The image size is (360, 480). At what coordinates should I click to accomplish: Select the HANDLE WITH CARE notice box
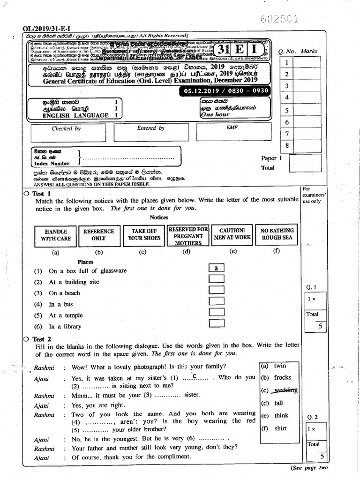[56, 235]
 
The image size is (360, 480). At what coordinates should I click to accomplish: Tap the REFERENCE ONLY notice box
[98, 235]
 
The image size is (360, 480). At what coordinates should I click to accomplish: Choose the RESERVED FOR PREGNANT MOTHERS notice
[188, 236]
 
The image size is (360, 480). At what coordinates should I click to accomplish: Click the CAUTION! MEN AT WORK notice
[232, 234]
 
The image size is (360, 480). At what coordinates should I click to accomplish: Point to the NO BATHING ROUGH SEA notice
[276, 234]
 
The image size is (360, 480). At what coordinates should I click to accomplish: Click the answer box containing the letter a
[216, 268]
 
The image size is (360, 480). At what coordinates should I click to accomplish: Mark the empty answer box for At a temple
[216, 312]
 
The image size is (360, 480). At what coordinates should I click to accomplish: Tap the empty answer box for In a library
[216, 323]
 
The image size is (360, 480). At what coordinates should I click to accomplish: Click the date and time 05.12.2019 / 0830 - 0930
[226, 91]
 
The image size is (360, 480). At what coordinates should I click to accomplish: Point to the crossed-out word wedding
[285, 390]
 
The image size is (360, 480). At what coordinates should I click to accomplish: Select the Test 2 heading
[41, 339]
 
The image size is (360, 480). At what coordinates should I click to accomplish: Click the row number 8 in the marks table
[286, 146]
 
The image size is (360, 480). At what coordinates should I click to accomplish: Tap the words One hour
[215, 114]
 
